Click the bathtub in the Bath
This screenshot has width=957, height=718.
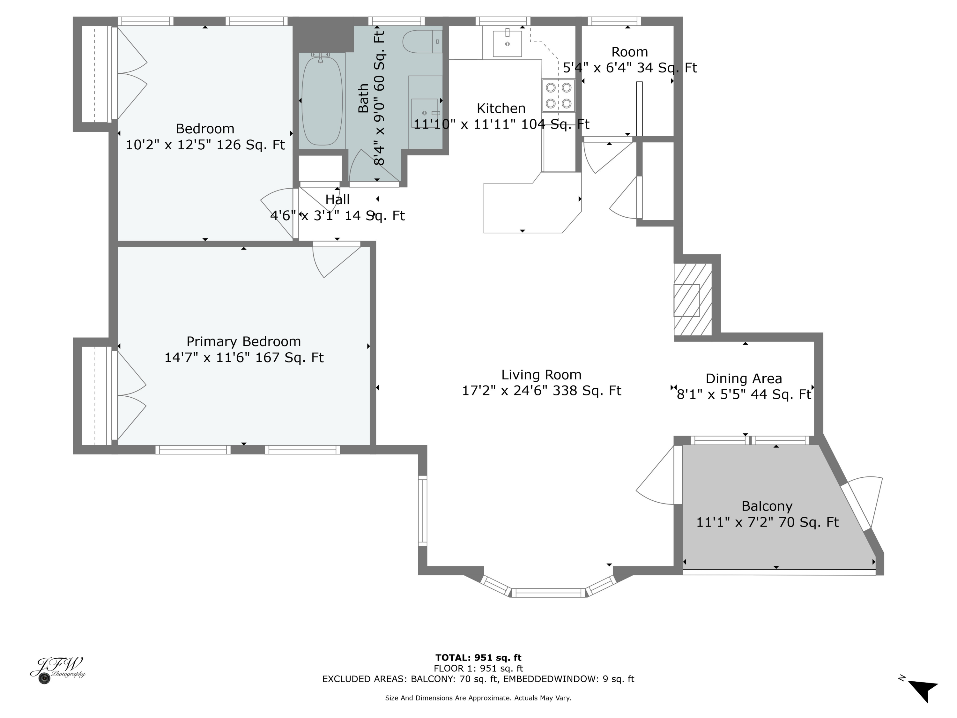click(322, 101)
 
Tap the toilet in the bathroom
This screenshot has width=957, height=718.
click(421, 41)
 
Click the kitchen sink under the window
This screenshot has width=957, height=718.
click(507, 43)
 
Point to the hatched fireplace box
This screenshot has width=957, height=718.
click(692, 300)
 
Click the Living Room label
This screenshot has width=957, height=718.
click(541, 375)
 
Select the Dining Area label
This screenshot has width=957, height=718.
click(743, 379)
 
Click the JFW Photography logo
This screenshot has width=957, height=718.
click(57, 670)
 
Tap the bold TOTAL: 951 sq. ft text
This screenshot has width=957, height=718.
click(478, 658)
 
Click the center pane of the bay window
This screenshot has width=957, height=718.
click(548, 593)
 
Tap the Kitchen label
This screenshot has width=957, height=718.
click(501, 108)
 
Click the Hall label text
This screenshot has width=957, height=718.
click(337, 199)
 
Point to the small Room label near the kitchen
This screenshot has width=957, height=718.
click(629, 52)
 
